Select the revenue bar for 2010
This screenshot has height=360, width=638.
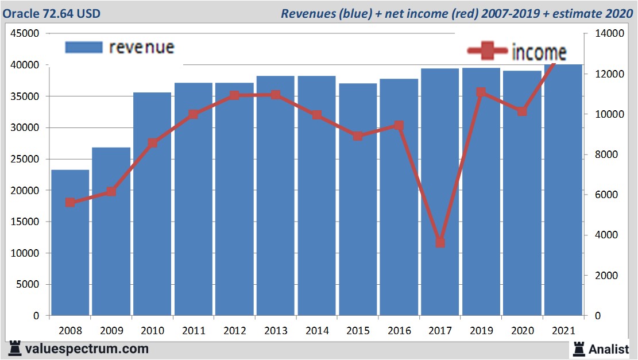pyautogui.click(x=152, y=204)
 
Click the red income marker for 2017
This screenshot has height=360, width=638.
pyautogui.click(x=440, y=243)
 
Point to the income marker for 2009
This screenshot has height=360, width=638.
pyautogui.click(x=111, y=192)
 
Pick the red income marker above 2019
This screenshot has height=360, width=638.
pyautogui.click(x=481, y=92)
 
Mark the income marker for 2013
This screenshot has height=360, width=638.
pyautogui.click(x=276, y=95)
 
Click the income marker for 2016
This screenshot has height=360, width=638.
pyautogui.click(x=399, y=125)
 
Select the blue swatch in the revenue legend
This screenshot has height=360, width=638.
pyautogui.click(x=84, y=48)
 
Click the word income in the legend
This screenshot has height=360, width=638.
pyautogui.click(x=538, y=53)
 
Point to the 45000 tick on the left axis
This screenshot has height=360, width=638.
pyautogui.click(x=25, y=34)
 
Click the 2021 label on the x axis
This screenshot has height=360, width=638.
pyautogui.click(x=563, y=331)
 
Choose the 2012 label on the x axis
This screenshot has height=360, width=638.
pyautogui.click(x=234, y=331)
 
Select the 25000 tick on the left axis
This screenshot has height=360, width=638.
pyautogui.click(x=25, y=159)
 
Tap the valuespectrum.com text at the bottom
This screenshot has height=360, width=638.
pyautogui.click(x=87, y=349)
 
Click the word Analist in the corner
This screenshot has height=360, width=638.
pyautogui.click(x=608, y=349)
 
